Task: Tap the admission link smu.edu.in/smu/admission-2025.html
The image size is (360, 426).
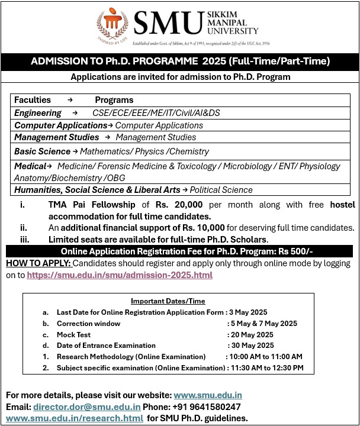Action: coord(119,275)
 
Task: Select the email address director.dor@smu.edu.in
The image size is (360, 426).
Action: coord(86,406)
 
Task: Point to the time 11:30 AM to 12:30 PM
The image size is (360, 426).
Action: coord(266,368)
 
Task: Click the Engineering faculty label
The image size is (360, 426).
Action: coord(38,112)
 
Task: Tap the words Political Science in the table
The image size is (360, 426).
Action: coord(221,190)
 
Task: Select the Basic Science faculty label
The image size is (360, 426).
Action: coord(42,151)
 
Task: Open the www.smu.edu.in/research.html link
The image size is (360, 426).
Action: coord(74,418)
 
